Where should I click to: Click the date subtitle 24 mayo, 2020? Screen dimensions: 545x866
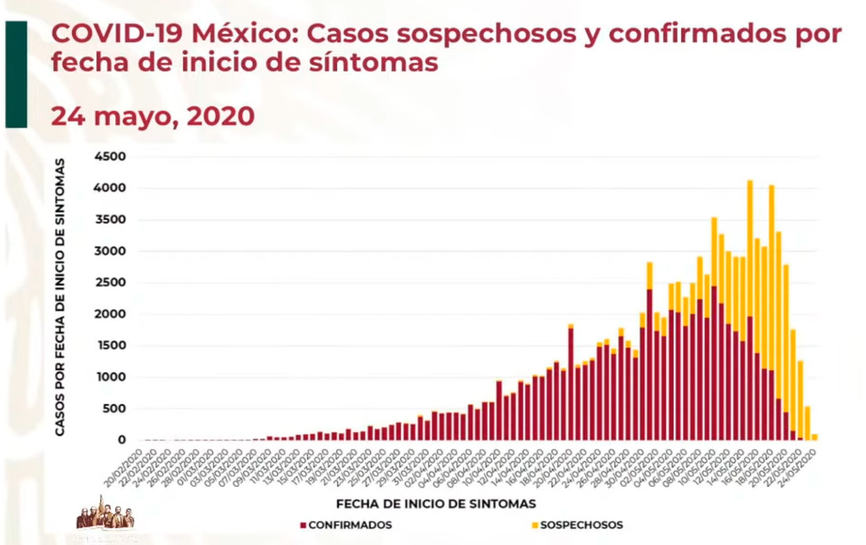(153, 115)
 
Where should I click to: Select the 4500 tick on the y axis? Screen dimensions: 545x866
(109, 157)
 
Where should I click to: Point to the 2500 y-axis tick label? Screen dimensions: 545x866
(109, 283)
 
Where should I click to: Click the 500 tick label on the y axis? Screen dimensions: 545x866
(113, 409)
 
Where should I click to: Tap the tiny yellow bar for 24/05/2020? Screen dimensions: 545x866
(814, 437)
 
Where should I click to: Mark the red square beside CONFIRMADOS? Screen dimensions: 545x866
(302, 525)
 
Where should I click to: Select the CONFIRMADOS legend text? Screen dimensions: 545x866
(349, 525)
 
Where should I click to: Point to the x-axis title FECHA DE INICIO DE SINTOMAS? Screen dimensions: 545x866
(436, 502)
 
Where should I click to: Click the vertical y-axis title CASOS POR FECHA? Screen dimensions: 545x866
(60, 298)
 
